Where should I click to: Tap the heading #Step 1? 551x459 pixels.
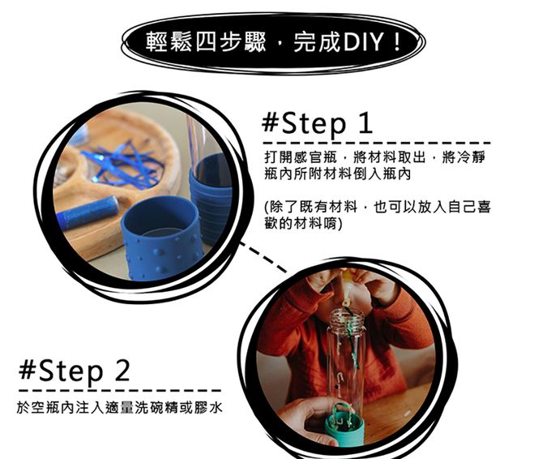[x=317, y=123]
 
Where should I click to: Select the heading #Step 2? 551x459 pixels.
[x=75, y=371]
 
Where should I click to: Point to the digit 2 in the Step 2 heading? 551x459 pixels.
[x=122, y=370]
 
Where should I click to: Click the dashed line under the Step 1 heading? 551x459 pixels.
[x=377, y=144]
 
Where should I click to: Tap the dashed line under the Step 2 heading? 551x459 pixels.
[x=120, y=390]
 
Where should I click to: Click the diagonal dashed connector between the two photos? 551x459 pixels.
[x=263, y=257]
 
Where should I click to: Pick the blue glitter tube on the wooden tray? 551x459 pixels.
[x=88, y=212]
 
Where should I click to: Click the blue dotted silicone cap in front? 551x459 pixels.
[x=161, y=242]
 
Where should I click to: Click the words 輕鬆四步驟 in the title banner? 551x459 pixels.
[x=206, y=42]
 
